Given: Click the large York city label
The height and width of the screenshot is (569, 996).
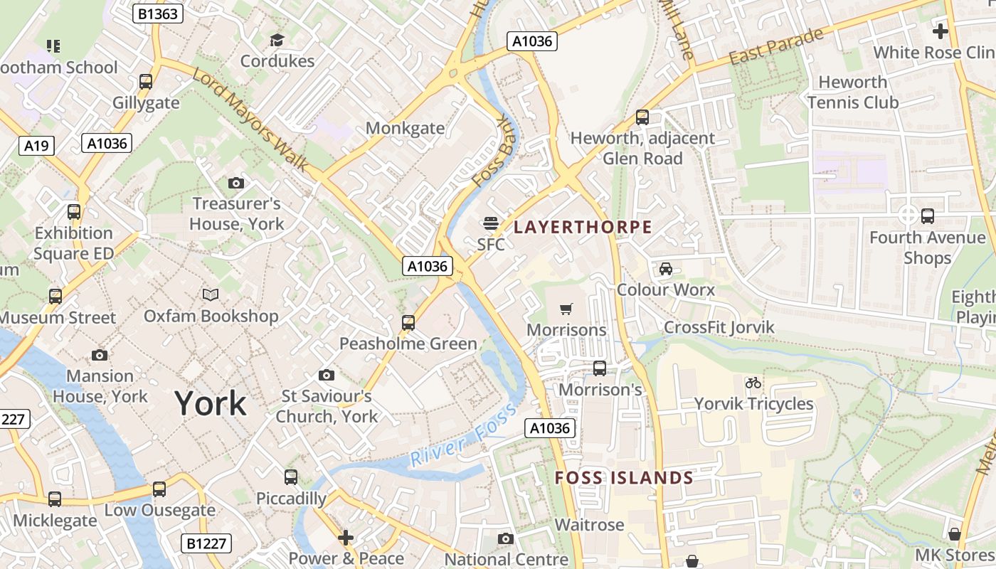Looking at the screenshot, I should [211, 403].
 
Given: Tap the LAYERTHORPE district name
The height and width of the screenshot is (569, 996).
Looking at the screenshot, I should [583, 227].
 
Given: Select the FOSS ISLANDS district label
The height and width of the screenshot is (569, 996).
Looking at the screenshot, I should [623, 477].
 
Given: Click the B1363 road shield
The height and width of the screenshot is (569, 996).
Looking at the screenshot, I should [159, 14].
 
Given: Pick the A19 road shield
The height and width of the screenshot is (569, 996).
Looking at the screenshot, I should [36, 146].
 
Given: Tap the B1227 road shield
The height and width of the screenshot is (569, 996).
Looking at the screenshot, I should [206, 544].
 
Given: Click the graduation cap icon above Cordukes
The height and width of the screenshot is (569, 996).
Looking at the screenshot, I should [277, 40].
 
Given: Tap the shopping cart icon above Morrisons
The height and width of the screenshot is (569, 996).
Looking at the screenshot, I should [566, 309].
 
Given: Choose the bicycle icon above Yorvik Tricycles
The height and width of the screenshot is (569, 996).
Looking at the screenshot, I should [753, 383].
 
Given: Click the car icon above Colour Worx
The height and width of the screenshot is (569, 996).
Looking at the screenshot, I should [665, 268].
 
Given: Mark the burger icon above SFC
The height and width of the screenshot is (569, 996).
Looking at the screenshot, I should [490, 223].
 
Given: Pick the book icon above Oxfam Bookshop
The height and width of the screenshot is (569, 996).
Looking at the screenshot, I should [211, 294].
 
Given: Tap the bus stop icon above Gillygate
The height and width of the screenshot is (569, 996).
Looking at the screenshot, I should [146, 82].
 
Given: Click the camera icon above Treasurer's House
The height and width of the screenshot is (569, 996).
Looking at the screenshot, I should [236, 183].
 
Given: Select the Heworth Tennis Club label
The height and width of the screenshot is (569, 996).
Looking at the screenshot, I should [852, 92].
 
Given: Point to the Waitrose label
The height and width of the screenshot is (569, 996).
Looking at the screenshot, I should [589, 525].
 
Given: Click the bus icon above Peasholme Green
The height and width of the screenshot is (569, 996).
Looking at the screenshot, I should [408, 323].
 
